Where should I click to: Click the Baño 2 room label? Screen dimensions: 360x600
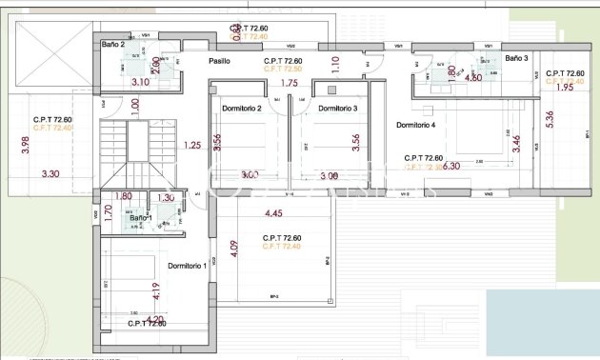(x=113, y=45)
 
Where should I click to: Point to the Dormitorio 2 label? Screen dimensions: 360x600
(x=242, y=109)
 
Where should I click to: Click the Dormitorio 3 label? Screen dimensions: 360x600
(x=337, y=109)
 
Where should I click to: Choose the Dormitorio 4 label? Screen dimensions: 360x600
(x=415, y=126)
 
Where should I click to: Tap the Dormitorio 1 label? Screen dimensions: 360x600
(x=187, y=266)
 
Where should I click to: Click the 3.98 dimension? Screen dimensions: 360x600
(x=27, y=146)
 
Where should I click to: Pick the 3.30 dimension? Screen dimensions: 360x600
(x=50, y=174)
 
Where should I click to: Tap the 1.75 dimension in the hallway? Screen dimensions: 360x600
(x=290, y=84)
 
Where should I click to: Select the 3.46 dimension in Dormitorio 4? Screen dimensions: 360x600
(x=516, y=145)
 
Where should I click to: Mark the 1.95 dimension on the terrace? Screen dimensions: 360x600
(x=564, y=88)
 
